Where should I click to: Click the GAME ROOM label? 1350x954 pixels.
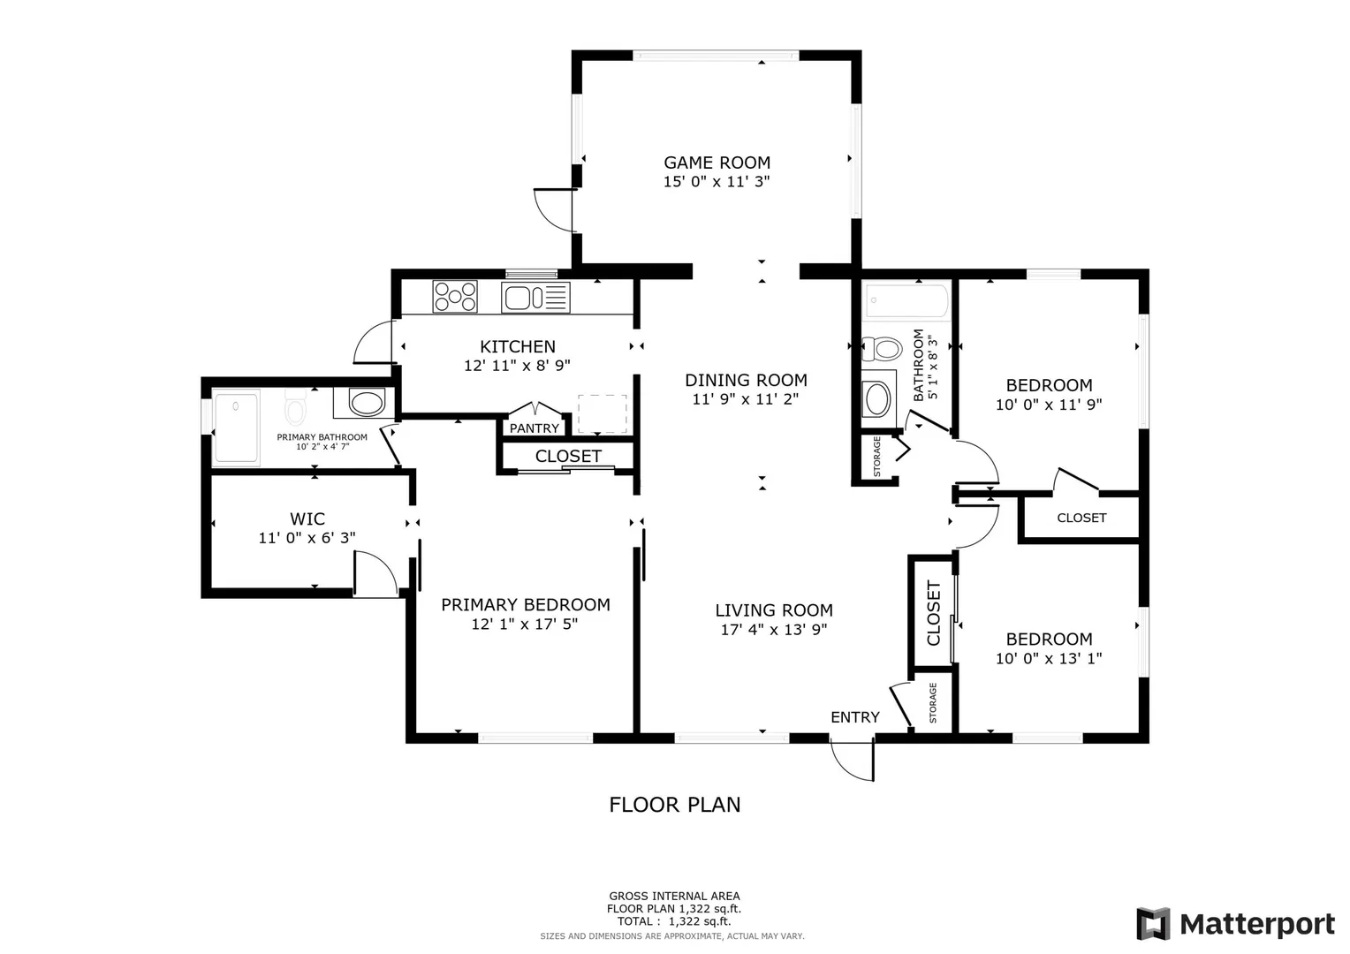(717, 163)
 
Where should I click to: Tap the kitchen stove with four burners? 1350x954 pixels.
(455, 297)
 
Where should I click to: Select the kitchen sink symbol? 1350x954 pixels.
(535, 298)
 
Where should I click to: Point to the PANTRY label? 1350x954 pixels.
(534, 428)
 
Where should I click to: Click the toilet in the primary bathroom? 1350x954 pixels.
(295, 408)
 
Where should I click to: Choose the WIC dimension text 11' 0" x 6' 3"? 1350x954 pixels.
(307, 538)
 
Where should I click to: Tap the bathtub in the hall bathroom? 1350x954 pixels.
(906, 300)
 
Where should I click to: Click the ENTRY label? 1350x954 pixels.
(854, 717)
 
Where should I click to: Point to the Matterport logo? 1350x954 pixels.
(1235, 924)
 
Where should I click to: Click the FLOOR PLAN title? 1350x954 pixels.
(674, 805)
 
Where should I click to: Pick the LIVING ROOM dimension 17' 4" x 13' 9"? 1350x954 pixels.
(774, 629)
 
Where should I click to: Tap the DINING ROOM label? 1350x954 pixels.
(746, 380)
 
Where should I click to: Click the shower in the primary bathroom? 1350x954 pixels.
(236, 428)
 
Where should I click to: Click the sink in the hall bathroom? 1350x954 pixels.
(877, 398)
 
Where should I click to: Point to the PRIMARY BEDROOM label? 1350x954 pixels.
(526, 604)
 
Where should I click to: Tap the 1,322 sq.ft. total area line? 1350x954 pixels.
(674, 920)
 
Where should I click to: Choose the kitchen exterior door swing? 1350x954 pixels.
(374, 343)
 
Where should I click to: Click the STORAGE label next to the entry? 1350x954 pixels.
(933, 702)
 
